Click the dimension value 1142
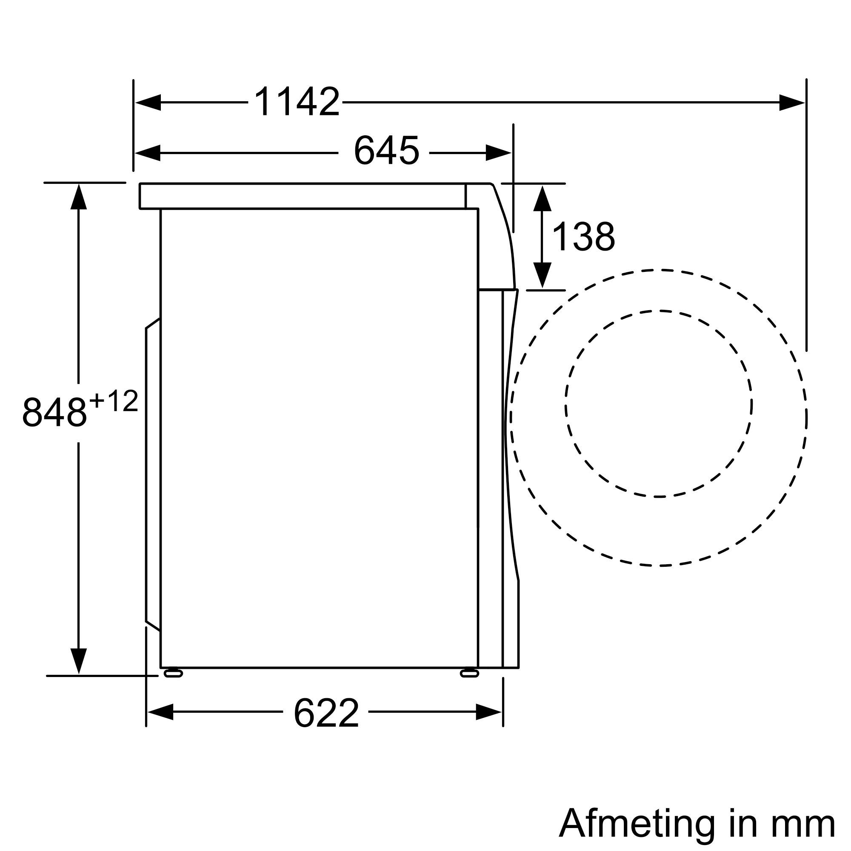[x=297, y=102]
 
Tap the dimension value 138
[x=583, y=237]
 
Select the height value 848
[x=54, y=412]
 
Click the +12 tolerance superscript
[x=114, y=402]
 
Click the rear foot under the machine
[x=173, y=685]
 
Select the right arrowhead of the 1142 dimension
[x=791, y=103]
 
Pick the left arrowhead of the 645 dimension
[x=148, y=153]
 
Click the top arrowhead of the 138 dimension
[x=542, y=198]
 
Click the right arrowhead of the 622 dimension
[x=488, y=712]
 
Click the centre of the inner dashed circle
[x=659, y=404]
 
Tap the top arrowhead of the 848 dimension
[x=78, y=197]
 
